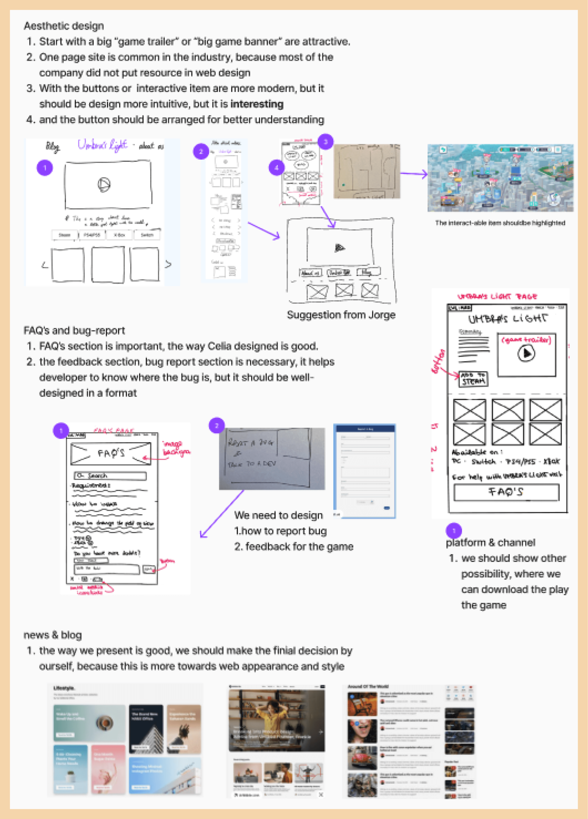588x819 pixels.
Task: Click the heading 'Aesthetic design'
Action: (x=64, y=26)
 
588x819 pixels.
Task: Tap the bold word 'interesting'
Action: (x=257, y=104)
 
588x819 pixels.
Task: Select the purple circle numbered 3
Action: (x=325, y=141)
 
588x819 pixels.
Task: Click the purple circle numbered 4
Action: (x=276, y=167)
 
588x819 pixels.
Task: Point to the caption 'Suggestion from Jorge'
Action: (x=341, y=315)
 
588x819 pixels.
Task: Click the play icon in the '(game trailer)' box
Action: (x=526, y=353)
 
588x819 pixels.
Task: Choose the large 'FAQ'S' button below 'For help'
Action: (x=506, y=492)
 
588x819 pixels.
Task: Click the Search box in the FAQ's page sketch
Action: (x=110, y=476)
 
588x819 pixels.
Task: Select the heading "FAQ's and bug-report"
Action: (x=74, y=330)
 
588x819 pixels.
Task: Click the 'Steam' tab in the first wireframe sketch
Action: (x=65, y=235)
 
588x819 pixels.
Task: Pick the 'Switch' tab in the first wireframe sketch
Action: (x=147, y=235)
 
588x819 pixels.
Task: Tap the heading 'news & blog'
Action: (x=52, y=635)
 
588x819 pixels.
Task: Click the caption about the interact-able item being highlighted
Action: (x=500, y=223)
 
